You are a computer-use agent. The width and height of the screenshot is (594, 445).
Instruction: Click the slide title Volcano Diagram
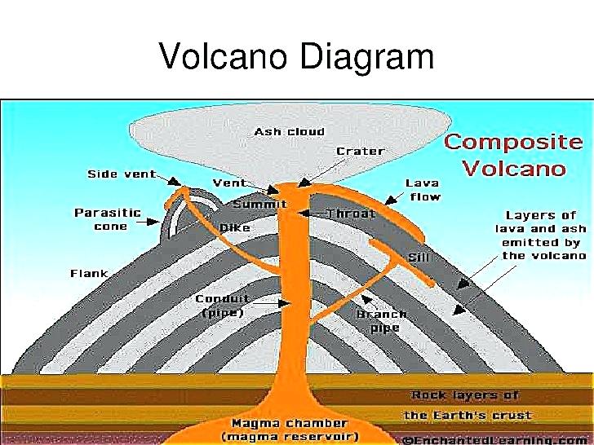pos(296,58)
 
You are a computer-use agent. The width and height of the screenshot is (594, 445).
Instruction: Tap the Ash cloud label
pos(289,131)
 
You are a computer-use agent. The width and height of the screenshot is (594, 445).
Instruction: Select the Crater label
pos(360,152)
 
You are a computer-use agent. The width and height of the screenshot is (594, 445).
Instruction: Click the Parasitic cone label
pos(108,219)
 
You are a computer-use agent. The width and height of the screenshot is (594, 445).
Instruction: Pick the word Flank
pos(89,273)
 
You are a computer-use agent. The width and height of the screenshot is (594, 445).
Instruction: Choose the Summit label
pos(259,204)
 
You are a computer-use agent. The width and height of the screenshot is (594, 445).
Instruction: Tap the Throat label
pos(350,214)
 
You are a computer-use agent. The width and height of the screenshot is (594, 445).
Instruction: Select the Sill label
pos(419,258)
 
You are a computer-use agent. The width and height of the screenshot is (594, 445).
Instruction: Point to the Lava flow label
pos(423,190)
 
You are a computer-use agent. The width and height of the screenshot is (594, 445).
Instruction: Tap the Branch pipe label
pos(381,321)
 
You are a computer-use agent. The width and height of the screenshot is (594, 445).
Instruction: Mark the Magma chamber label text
pos(290,430)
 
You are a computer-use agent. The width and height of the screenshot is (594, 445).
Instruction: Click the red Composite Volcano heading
pos(513,155)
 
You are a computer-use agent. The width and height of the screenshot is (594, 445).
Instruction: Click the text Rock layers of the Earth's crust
pos(466,405)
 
